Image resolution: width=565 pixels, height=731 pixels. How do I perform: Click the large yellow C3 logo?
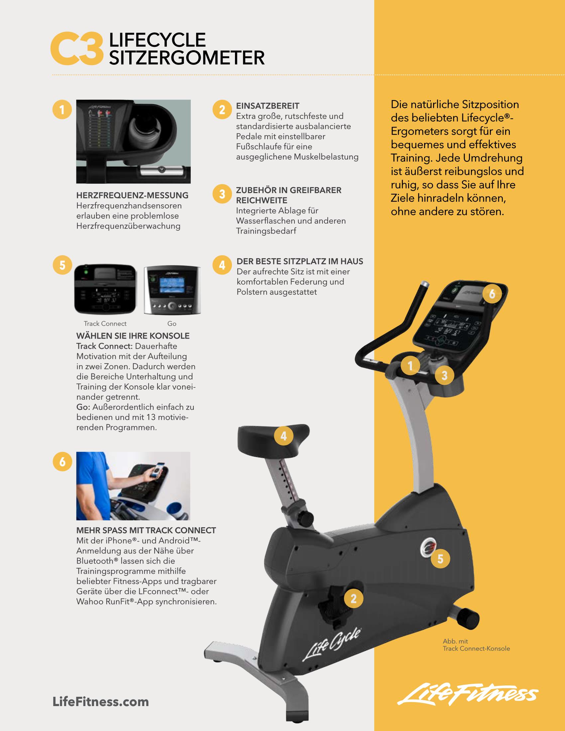click(x=77, y=49)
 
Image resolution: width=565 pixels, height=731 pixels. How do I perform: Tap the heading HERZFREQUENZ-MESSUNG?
click(x=133, y=195)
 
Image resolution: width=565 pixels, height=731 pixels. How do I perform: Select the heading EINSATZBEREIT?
click(x=268, y=106)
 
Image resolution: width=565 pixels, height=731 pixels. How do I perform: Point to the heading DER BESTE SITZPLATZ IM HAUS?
click(x=300, y=261)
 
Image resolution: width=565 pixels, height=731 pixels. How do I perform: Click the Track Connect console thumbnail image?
click(x=105, y=289)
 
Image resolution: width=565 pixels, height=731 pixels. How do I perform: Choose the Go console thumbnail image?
click(x=172, y=290)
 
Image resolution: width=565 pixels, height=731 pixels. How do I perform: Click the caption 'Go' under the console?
click(x=172, y=324)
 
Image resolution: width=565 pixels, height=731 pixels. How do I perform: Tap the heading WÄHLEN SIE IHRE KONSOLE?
click(x=133, y=336)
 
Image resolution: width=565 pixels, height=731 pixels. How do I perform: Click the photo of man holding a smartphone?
click(x=133, y=486)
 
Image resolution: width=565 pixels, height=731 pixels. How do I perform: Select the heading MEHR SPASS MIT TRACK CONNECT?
click(x=146, y=530)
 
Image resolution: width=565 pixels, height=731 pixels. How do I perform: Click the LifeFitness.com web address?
click(x=101, y=701)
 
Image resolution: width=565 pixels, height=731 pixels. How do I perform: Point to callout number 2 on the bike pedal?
click(x=354, y=598)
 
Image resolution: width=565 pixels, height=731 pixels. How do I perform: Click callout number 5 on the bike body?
click(x=440, y=559)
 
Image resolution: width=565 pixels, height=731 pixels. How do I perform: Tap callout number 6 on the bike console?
click(x=492, y=293)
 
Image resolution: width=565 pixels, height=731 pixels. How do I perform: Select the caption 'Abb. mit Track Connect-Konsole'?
click(x=476, y=645)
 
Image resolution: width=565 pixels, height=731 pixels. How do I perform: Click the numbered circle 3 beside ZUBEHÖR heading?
click(x=222, y=194)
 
